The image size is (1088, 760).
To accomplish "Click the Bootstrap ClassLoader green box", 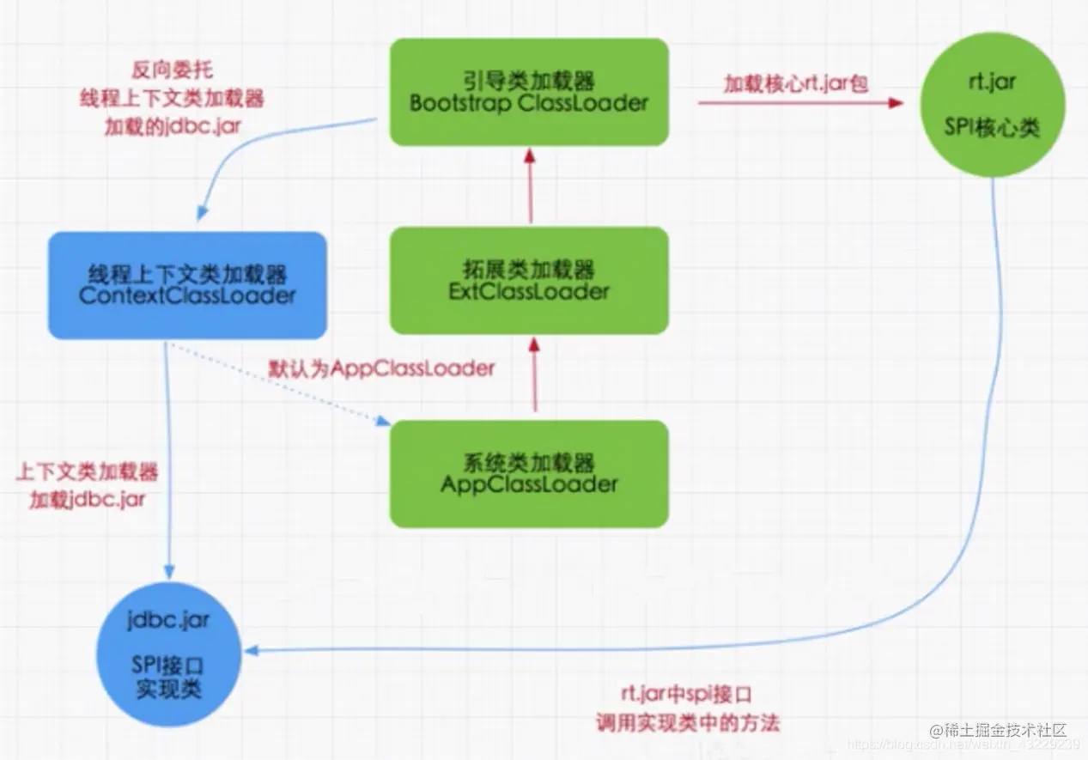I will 529,92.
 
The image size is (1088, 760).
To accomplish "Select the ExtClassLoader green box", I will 529,280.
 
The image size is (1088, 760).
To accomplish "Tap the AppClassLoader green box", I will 529,473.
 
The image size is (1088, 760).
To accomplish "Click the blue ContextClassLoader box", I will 187,285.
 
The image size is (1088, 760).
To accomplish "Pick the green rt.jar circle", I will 994,106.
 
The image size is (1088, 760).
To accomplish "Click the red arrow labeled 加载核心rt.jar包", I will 799,102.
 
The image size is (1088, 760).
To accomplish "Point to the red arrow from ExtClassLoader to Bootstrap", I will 530,185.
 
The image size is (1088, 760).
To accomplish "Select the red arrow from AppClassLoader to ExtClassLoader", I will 534,374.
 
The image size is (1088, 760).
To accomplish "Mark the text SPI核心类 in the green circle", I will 994,128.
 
